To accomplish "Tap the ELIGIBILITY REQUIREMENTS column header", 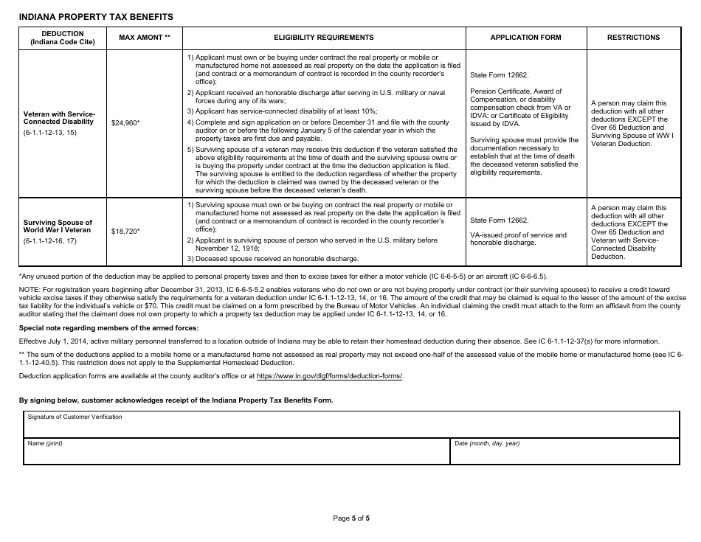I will coord(324,38).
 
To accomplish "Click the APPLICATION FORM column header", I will coord(525,38).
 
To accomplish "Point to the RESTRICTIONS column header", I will coord(633,38).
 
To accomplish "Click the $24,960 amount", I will coord(125,123).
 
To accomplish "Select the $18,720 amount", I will coord(125,232).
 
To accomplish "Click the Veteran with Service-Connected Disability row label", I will coord(60,118).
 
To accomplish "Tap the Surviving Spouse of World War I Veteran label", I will coord(58,226).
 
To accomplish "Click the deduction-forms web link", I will coord(330,376).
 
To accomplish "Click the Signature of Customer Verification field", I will coord(351,425).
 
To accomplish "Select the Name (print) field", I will coord(236,451).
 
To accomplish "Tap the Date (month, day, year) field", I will coord(564,451).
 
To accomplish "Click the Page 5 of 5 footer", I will coord(351,518).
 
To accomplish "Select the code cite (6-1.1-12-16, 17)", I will coord(49,241).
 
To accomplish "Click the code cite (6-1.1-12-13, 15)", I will coord(49,133).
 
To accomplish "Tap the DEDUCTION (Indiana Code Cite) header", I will coord(62,38).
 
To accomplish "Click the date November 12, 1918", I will coord(221,249).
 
